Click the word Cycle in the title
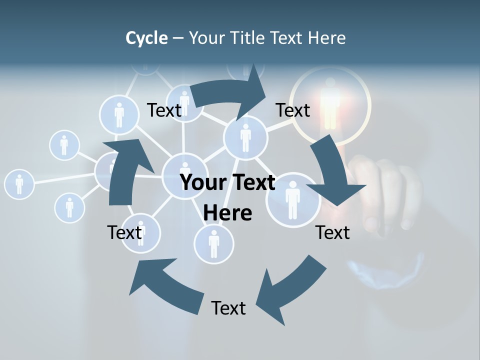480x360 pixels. coord(146,38)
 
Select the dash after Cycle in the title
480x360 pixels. coord(178,38)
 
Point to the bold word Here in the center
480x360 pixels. coord(227,213)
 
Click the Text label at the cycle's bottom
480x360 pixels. coord(228,308)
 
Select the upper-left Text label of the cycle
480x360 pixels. coord(164,110)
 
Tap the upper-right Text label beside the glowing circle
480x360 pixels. coord(293,110)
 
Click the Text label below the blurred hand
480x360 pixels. coord(332,232)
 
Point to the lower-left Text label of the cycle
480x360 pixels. coord(125,232)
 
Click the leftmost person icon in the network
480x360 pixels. coord(19,184)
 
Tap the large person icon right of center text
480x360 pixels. coord(292,199)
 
